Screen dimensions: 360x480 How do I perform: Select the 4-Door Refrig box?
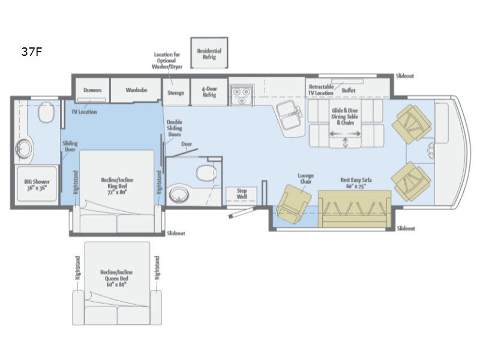[209, 91]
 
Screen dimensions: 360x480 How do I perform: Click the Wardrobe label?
[136, 91]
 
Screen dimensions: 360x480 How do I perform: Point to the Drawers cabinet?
[92, 91]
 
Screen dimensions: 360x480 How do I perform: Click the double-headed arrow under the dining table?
[346, 143]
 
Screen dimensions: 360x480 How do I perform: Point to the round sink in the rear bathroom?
[25, 147]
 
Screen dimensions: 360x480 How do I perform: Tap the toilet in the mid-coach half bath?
[206, 173]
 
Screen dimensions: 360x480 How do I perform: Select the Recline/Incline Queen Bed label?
[117, 281]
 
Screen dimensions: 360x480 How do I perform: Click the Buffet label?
[349, 90]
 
